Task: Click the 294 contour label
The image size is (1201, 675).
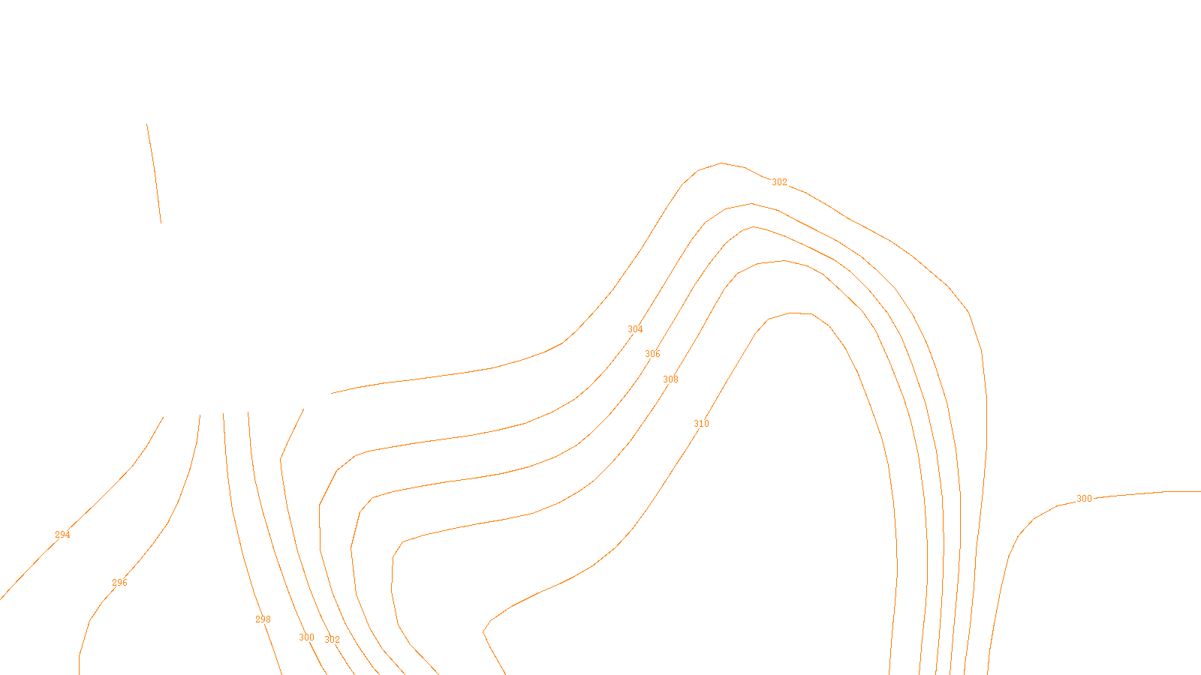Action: tap(62, 535)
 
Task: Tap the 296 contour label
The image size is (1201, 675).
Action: tap(119, 583)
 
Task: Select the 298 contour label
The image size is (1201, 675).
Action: tap(263, 619)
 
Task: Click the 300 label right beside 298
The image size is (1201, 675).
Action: tap(307, 637)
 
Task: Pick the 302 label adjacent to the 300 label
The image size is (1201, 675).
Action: tap(332, 640)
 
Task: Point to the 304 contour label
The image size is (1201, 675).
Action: tap(635, 329)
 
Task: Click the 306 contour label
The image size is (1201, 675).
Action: tap(653, 354)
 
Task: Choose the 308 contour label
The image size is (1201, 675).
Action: tap(670, 379)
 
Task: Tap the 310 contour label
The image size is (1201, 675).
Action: tap(701, 424)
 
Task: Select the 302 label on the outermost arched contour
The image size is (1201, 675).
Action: tap(780, 182)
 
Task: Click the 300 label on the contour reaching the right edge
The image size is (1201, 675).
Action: tap(1084, 499)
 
